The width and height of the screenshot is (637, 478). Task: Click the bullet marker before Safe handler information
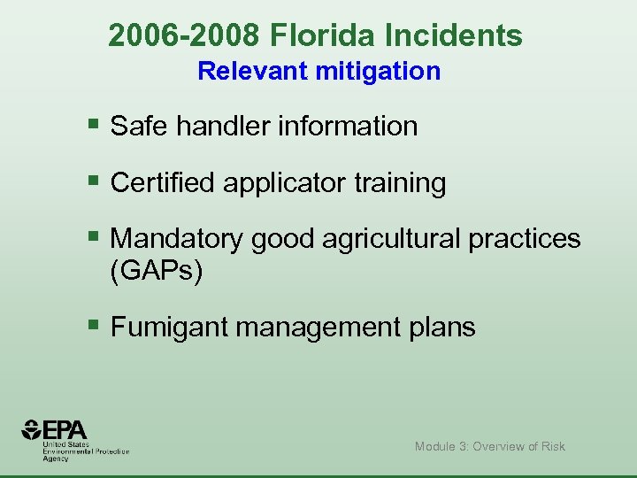(x=94, y=125)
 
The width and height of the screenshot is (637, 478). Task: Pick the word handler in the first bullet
(x=223, y=127)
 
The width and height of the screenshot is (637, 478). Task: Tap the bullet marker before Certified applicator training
(x=94, y=181)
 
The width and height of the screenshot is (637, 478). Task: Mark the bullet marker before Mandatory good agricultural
(x=94, y=236)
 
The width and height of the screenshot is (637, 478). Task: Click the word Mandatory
(x=178, y=238)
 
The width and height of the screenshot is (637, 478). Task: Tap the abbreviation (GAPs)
(x=157, y=271)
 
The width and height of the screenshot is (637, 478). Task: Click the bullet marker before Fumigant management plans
(x=94, y=325)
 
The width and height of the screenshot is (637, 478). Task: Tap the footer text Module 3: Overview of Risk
(x=489, y=446)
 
